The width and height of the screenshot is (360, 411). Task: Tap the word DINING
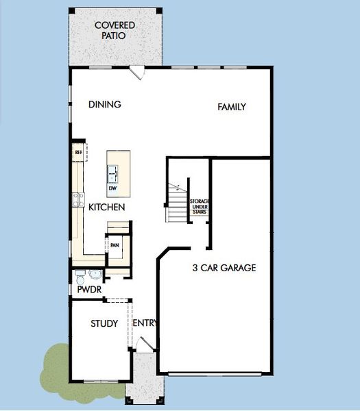pyautogui.click(x=105, y=105)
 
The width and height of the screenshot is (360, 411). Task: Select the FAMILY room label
pyautogui.click(x=232, y=107)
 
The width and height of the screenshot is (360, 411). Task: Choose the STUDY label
pyautogui.click(x=104, y=323)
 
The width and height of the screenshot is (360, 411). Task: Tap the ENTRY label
pyautogui.click(x=145, y=323)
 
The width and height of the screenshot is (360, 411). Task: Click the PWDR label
pyautogui.click(x=89, y=290)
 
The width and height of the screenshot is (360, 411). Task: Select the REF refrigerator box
pyautogui.click(x=78, y=152)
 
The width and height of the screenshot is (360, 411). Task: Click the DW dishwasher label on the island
pyautogui.click(x=112, y=188)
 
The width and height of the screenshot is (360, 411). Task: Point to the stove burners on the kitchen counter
pyautogui.click(x=78, y=200)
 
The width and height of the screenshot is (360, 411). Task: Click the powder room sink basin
pyautogui.click(x=95, y=275)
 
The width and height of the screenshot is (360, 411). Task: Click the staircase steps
pyautogui.click(x=178, y=205)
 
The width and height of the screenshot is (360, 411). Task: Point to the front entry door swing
pyautogui.click(x=143, y=345)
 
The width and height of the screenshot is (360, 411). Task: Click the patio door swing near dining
pyautogui.click(x=137, y=72)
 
